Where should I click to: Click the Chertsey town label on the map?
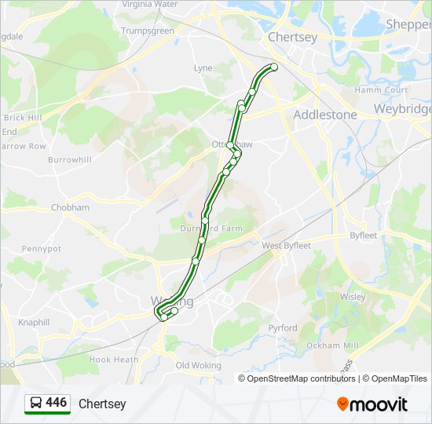click(292, 37)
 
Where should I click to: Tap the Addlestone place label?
click(324, 115)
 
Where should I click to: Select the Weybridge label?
click(402, 109)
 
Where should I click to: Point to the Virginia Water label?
click(149, 4)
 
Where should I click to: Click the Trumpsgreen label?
click(147, 31)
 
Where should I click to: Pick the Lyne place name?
click(203, 68)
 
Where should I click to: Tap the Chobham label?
click(70, 207)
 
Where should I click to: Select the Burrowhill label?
click(69, 159)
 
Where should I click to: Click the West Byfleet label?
click(286, 246)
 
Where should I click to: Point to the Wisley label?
click(352, 297)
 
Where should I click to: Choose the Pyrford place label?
click(282, 327)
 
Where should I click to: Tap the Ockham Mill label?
click(332, 345)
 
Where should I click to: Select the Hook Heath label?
click(113, 360)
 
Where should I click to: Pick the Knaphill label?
click(33, 322)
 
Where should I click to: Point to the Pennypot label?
click(41, 248)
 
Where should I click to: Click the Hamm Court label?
click(379, 90)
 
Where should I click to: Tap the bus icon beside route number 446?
click(35, 404)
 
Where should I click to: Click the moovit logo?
click(372, 404)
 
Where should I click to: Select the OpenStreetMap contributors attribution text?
click(301, 378)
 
